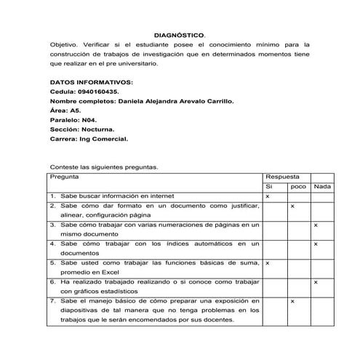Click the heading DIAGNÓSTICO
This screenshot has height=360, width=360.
click(180, 34)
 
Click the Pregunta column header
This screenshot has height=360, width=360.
click(65, 177)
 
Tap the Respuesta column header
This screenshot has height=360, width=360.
click(283, 177)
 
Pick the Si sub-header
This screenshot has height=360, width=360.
click(269, 187)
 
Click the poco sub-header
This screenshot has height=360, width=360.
click(298, 187)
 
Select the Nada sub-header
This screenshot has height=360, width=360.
click(322, 187)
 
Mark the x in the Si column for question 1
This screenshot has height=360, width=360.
click(268, 196)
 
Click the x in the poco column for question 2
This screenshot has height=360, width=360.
click(292, 206)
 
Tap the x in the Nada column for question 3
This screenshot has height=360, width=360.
click(316, 225)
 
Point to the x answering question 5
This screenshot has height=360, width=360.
click(268, 263)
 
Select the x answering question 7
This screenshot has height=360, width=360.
click(292, 300)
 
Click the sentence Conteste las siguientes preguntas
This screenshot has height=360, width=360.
click(104, 166)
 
